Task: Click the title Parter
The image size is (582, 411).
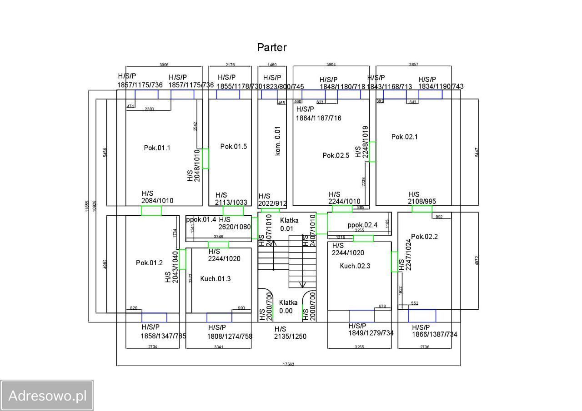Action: coord(271,47)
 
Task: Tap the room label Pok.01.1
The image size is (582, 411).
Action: coord(157,148)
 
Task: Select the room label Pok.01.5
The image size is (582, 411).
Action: coord(233,146)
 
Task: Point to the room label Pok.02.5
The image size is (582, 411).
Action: coord(336,155)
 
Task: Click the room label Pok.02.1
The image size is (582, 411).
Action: coord(404,137)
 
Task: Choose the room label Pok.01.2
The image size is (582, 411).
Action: coord(149,263)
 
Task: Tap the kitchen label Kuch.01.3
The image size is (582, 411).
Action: coord(216,278)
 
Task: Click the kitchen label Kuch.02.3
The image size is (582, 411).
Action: coord(355,266)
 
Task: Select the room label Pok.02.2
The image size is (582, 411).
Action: coord(424,237)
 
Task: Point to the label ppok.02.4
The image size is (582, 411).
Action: coord(362,225)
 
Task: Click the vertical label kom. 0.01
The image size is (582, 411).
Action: coord(278,141)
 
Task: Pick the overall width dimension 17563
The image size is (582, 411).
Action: coord(288,364)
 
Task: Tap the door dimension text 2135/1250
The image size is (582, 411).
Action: coord(290,337)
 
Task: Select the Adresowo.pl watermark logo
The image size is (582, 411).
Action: coord(47,396)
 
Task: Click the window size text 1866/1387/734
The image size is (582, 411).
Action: coord(434,335)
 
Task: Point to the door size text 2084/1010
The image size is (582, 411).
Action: coord(157,201)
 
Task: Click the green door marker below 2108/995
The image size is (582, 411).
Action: coord(421,209)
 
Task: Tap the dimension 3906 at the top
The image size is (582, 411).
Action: coord(164,65)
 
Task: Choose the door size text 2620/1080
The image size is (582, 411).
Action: coord(234,227)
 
